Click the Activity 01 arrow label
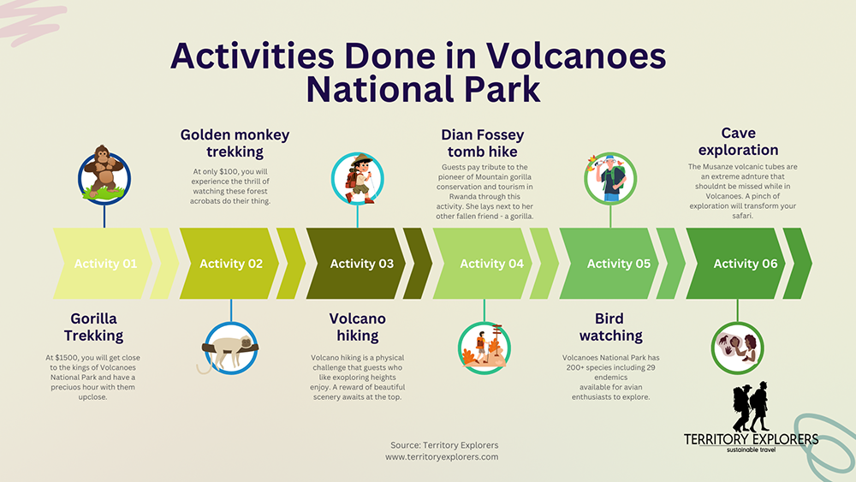pyautogui.click(x=105, y=264)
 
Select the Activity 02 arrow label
pyautogui.click(x=231, y=264)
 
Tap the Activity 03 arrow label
pyautogui.click(x=361, y=264)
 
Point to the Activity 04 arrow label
pyautogui.click(x=491, y=264)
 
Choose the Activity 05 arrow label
pyautogui.click(x=619, y=264)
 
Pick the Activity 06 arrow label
pyautogui.click(x=746, y=264)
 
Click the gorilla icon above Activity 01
pyautogui.click(x=104, y=171)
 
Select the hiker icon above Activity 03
pyautogui.click(x=358, y=178)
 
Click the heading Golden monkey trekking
pyautogui.click(x=235, y=143)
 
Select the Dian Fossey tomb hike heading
pyautogui.click(x=484, y=143)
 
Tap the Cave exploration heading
pyautogui.click(x=738, y=141)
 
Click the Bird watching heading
pyautogui.click(x=610, y=327)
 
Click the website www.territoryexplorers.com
pyautogui.click(x=442, y=457)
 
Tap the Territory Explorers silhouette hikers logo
pyautogui.click(x=751, y=409)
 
